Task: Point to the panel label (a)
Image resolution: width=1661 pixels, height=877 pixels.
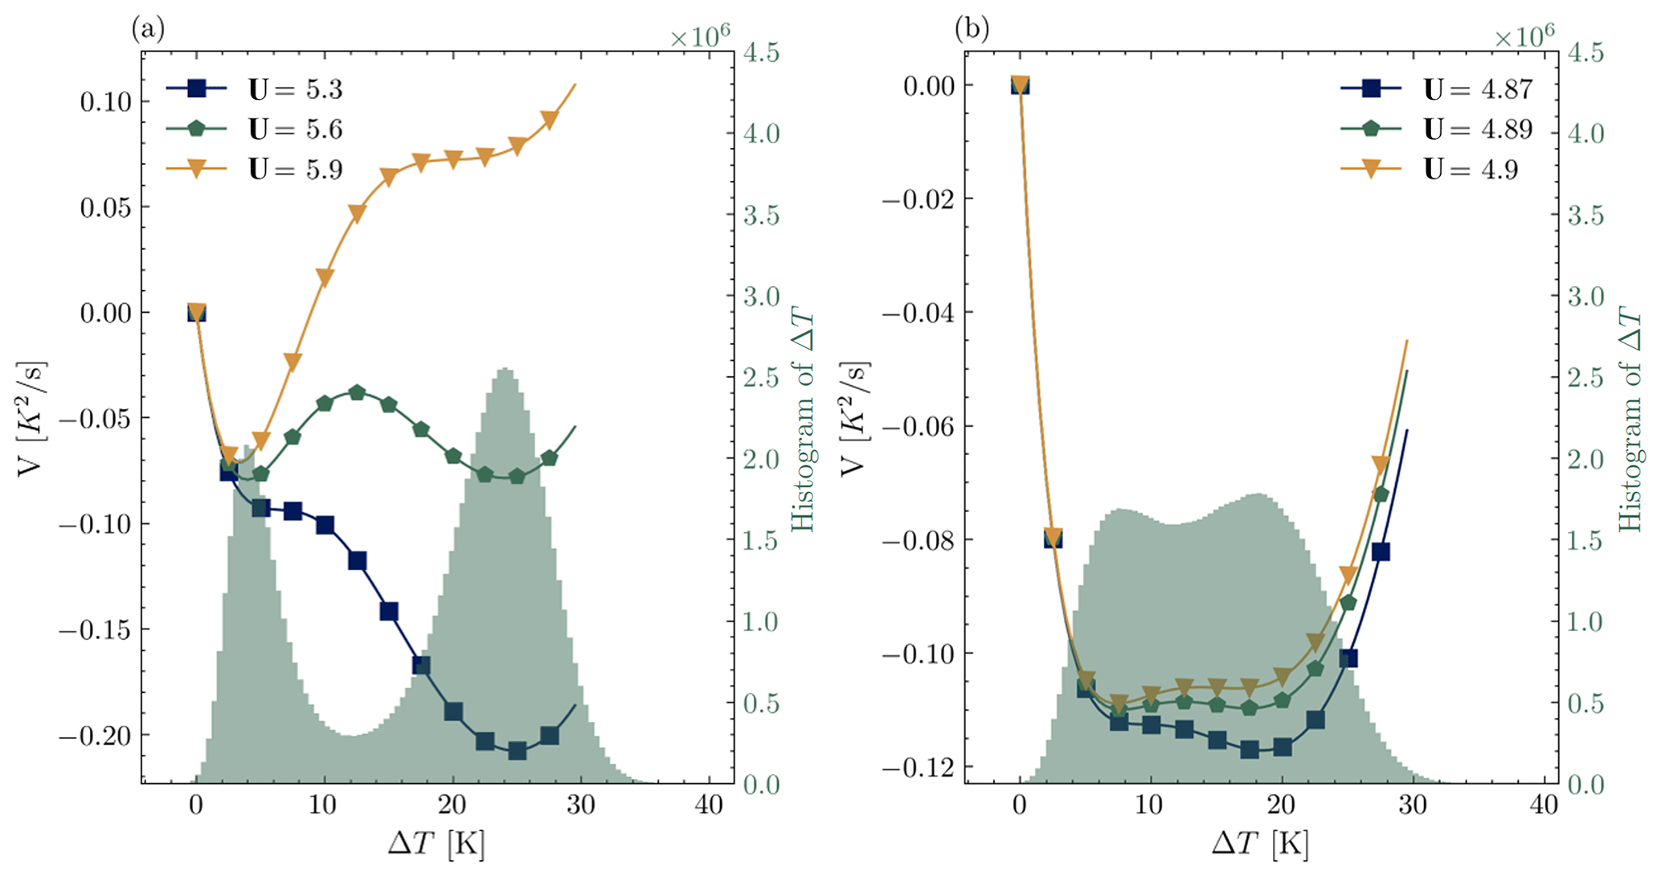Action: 148,30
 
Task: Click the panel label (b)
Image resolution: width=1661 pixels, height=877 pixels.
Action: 972,30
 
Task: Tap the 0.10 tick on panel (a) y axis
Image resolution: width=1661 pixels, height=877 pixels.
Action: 105,102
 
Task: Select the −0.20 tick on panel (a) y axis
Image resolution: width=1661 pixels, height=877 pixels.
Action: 95,736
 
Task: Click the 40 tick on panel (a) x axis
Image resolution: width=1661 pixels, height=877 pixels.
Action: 709,805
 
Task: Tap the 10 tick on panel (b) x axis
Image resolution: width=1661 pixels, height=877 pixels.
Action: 1150,805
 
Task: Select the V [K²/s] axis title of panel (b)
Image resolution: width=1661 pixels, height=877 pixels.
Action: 855,418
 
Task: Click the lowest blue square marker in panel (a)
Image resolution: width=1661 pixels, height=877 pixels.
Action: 518,752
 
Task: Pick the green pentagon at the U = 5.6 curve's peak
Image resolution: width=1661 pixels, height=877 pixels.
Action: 357,393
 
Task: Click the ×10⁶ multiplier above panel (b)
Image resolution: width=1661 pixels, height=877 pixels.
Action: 1524,36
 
